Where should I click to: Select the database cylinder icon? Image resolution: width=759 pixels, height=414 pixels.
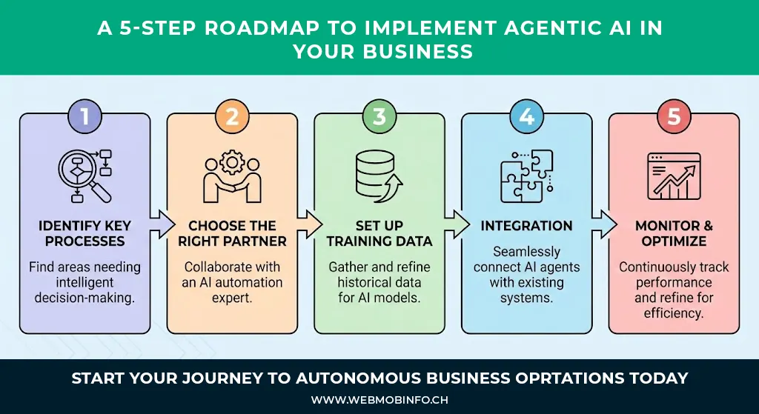[x=377, y=176]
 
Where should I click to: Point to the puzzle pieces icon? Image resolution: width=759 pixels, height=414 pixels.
[x=526, y=176]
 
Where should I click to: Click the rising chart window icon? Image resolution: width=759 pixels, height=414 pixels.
[x=673, y=176]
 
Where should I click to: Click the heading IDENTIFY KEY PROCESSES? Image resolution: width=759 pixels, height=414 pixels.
[x=84, y=233]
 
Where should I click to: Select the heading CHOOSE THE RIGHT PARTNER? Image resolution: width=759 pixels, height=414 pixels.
[x=232, y=233]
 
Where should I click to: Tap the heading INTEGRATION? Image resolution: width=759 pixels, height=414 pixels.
[x=526, y=226]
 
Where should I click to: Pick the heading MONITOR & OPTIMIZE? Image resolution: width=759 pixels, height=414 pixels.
[x=673, y=233]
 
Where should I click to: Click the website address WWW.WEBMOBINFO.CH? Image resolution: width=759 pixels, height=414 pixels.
[x=379, y=400]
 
